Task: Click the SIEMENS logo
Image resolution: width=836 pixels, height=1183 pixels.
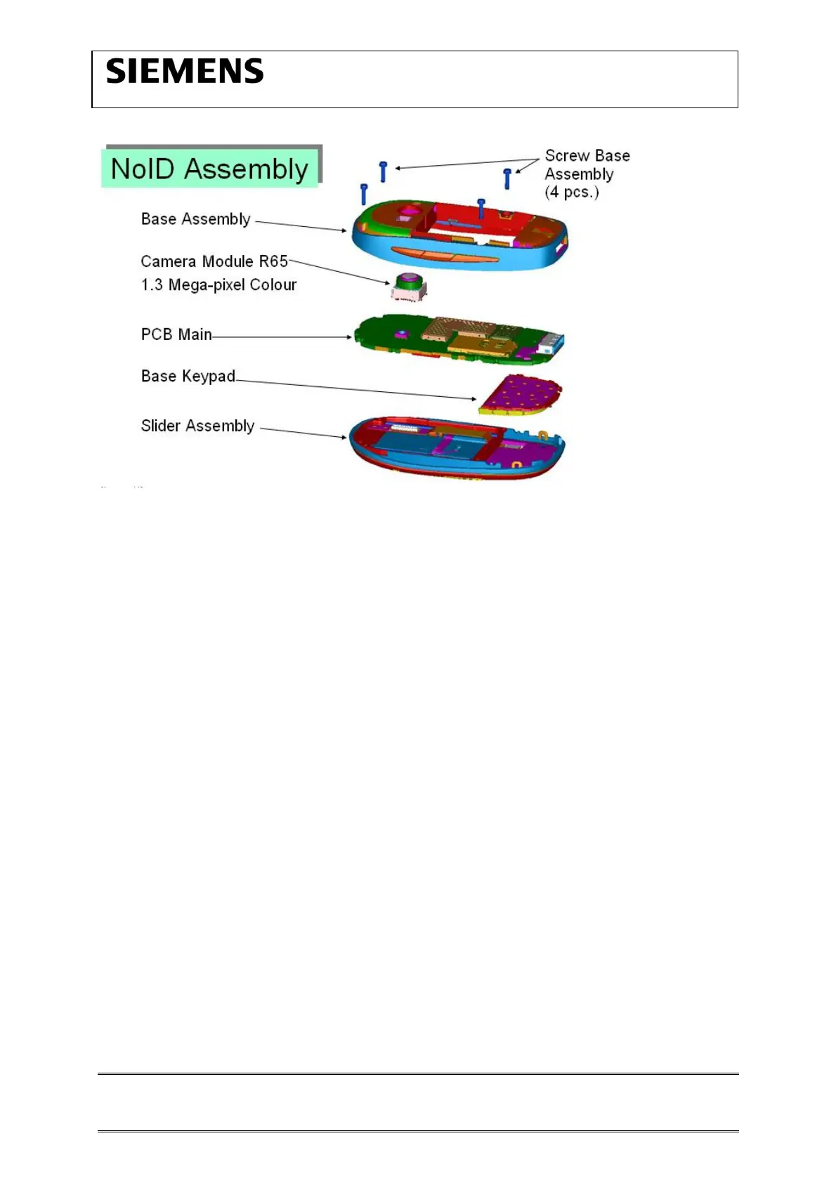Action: (x=185, y=72)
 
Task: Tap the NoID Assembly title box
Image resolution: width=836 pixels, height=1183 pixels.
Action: (x=210, y=169)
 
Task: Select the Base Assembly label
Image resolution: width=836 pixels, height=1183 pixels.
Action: (x=195, y=219)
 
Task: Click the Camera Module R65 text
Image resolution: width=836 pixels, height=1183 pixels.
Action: (x=214, y=261)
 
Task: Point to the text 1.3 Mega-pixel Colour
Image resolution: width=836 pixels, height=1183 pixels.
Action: (x=218, y=285)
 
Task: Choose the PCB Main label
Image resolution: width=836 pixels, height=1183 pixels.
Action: (x=176, y=334)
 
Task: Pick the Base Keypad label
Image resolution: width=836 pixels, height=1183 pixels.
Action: (x=188, y=377)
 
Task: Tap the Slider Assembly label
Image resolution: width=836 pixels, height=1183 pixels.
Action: (x=197, y=426)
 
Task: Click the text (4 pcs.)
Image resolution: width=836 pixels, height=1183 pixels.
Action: (x=572, y=192)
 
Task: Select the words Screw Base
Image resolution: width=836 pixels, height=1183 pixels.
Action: (x=587, y=156)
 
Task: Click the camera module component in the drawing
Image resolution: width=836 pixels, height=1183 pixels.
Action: (x=407, y=287)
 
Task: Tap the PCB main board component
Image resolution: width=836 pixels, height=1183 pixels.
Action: (x=457, y=339)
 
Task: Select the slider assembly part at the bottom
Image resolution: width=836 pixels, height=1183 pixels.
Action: (x=457, y=448)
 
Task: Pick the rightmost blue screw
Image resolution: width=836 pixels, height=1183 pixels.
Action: (x=507, y=178)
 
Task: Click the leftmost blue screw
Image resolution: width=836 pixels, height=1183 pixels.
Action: (x=364, y=194)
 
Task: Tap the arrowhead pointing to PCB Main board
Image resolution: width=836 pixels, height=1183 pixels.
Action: (x=348, y=337)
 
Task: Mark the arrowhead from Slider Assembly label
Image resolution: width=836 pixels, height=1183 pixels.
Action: (x=344, y=437)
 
